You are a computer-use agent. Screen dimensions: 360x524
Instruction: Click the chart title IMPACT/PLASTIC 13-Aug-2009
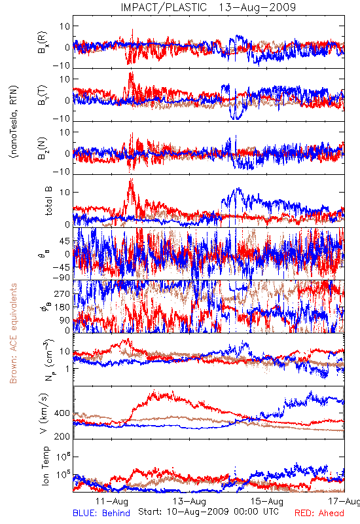(208, 7)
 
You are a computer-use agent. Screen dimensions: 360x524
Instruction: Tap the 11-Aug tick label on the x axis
(111, 501)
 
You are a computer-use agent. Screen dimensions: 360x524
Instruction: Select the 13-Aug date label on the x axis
(189, 501)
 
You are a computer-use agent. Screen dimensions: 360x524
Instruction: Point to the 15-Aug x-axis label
(267, 501)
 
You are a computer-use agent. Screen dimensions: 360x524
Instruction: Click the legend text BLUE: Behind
(101, 513)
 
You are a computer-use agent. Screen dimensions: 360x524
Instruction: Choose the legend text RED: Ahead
(319, 513)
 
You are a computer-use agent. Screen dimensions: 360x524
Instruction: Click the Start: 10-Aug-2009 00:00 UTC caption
(208, 512)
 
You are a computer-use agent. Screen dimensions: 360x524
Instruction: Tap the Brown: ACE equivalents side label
(13, 333)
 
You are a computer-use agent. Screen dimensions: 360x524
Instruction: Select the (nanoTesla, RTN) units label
(14, 122)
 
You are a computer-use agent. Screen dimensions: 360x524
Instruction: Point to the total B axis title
(48, 201)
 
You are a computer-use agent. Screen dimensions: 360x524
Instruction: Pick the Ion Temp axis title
(45, 466)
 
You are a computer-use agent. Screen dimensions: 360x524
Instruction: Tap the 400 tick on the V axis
(62, 413)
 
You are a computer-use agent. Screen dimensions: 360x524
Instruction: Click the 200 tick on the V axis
(62, 436)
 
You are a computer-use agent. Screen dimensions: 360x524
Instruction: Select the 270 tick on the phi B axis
(62, 293)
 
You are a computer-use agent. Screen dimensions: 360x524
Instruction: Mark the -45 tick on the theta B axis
(61, 267)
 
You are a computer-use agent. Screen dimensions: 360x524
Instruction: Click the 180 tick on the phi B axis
(62, 307)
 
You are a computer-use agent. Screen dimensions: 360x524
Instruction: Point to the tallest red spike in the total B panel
(131, 179)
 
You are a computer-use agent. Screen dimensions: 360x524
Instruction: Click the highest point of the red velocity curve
(154, 390)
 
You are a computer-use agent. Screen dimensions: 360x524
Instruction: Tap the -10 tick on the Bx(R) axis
(61, 65)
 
